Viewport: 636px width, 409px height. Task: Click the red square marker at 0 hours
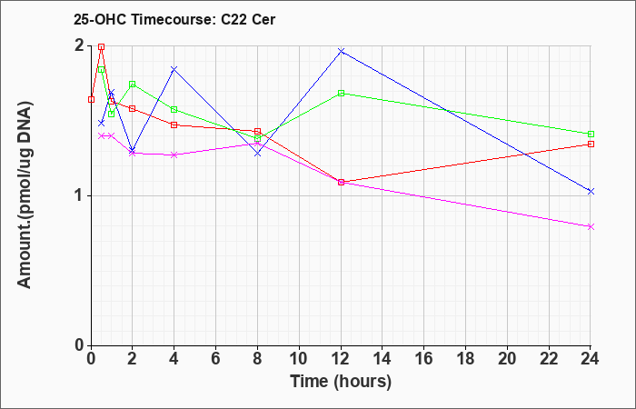point(91,99)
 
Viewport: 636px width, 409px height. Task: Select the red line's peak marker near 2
point(102,46)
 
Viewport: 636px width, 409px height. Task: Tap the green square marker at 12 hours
point(341,93)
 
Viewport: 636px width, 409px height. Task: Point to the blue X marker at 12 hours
point(341,51)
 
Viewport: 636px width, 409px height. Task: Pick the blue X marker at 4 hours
point(174,69)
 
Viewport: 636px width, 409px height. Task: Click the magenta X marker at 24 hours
point(591,227)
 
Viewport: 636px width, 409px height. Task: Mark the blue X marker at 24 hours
point(591,191)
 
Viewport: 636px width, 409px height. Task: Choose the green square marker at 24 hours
point(591,134)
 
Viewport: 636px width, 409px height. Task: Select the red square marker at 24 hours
point(591,144)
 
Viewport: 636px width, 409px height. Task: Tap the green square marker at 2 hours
point(133,84)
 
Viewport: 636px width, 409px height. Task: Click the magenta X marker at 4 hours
point(174,155)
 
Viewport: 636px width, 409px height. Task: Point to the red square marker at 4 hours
point(174,125)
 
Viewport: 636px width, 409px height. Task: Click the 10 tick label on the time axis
point(299,359)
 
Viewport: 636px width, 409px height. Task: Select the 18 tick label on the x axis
point(465,359)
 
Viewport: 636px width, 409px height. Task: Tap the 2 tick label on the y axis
point(80,45)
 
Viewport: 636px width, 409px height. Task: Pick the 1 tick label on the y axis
point(80,196)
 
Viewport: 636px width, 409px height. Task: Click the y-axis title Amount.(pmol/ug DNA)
point(25,195)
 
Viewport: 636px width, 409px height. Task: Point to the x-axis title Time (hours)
point(341,382)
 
